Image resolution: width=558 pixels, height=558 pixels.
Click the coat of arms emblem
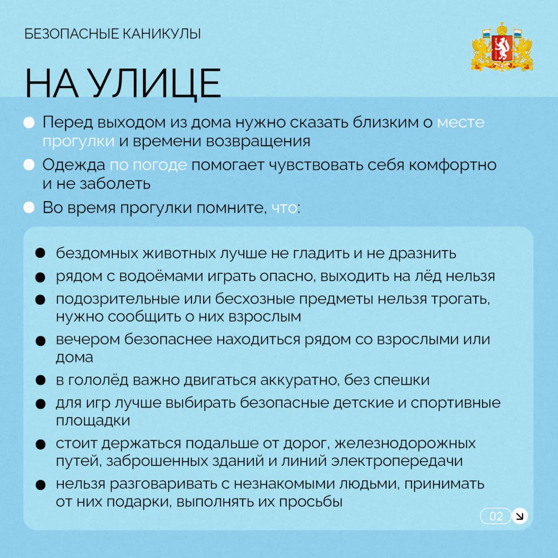502,47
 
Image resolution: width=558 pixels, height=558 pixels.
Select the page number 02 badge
496,516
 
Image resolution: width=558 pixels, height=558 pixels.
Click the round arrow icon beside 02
519,516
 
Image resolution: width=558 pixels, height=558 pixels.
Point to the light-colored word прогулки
78,141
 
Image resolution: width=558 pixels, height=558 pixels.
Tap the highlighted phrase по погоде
148,165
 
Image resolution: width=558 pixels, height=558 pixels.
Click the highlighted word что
284,208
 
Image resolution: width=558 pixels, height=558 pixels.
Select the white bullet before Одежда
29,165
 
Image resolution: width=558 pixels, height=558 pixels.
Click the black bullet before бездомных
41,253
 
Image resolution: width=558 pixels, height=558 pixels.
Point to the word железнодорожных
405,443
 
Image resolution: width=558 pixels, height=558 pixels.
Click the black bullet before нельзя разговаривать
41,484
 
